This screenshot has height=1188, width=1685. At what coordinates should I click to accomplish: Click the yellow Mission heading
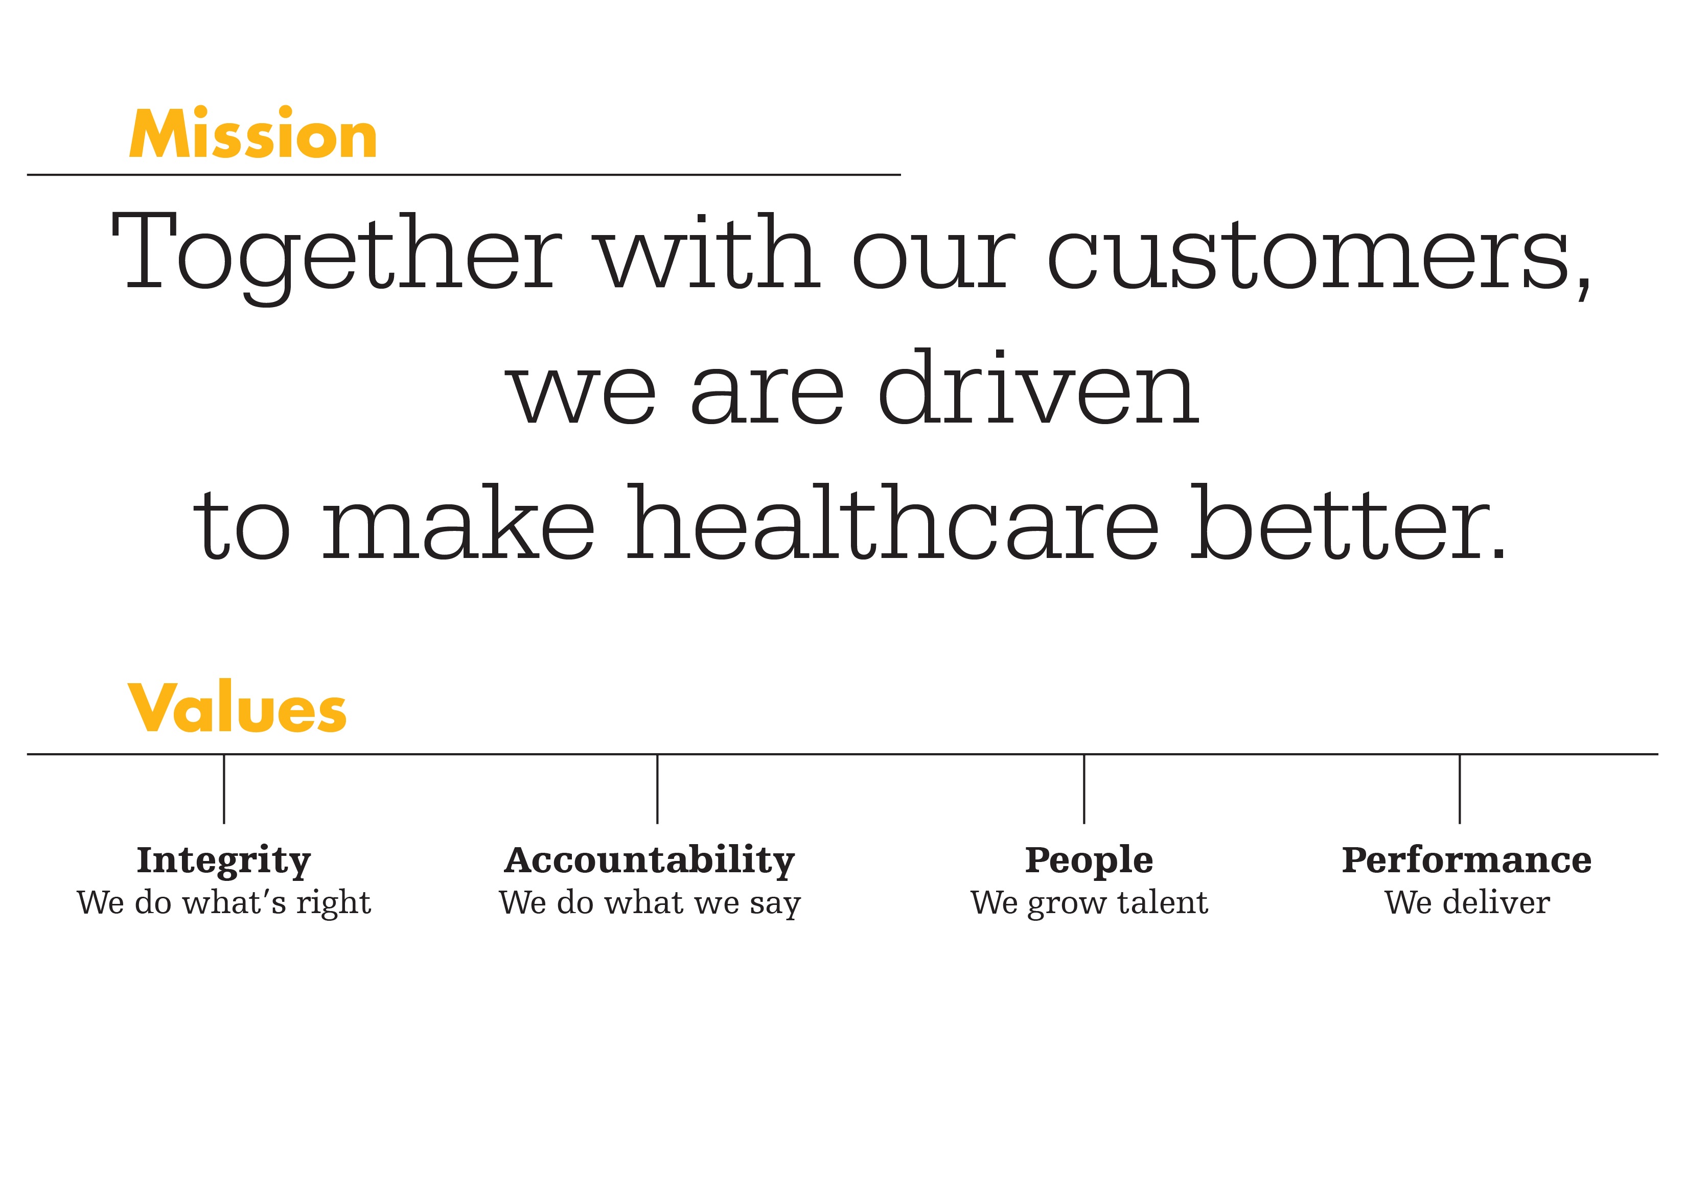[x=253, y=133]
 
